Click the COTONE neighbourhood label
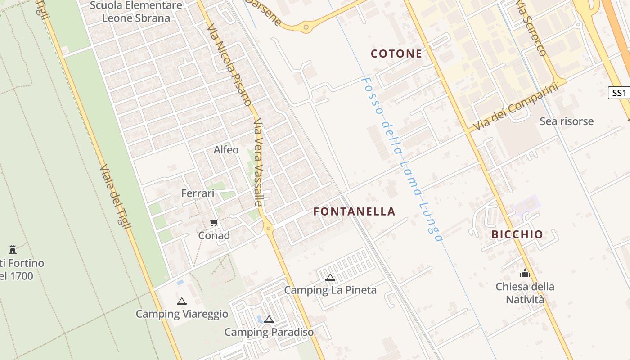click(396, 54)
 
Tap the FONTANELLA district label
click(354, 211)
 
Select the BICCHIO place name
click(517, 234)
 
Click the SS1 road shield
click(619, 93)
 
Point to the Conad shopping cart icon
click(214, 222)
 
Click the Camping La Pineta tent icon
click(330, 277)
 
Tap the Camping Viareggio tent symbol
click(181, 301)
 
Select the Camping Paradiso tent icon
click(269, 319)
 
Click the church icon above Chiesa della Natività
click(525, 273)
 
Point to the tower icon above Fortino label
click(13, 249)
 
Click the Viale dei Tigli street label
click(115, 196)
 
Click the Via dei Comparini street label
click(515, 107)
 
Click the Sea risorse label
click(567, 121)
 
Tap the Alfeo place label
click(226, 150)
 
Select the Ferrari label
click(198, 193)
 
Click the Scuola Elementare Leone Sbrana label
click(136, 12)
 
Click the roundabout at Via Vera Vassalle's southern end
click(269, 228)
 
